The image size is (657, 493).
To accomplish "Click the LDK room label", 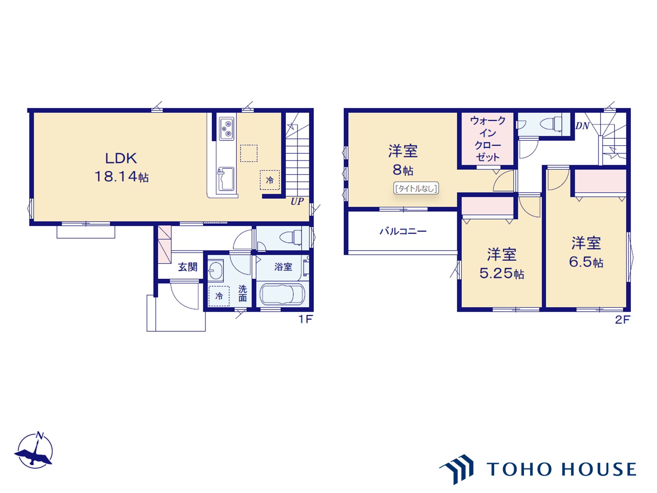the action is pyautogui.click(x=121, y=158).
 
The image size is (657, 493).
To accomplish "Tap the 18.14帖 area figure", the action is pyautogui.click(x=122, y=177).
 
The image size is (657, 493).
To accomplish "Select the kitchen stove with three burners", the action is pyautogui.click(x=226, y=128).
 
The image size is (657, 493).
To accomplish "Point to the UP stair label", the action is pyautogui.click(x=297, y=201).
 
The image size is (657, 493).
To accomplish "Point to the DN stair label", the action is pyautogui.click(x=582, y=126).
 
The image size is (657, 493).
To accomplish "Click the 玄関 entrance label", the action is pyautogui.click(x=188, y=266).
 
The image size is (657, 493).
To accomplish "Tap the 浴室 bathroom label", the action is pyautogui.click(x=283, y=266).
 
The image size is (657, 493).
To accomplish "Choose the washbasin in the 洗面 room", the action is pyautogui.click(x=216, y=270).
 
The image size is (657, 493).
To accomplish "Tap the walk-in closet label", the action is pyautogui.click(x=488, y=139).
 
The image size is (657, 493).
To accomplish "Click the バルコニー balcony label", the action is pyautogui.click(x=403, y=231).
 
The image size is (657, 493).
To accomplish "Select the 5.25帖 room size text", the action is pyautogui.click(x=501, y=273).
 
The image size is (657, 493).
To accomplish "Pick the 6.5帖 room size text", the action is pyautogui.click(x=586, y=262).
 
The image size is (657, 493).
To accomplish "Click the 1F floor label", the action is pyautogui.click(x=305, y=320).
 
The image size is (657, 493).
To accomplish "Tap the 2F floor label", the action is pyautogui.click(x=623, y=320).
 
